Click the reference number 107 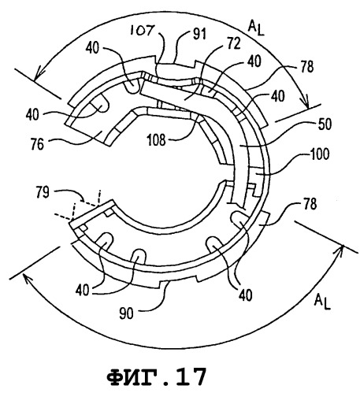pyautogui.click(x=142, y=31)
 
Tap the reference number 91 pyautogui.click(x=200, y=34)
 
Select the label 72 pyautogui.click(x=234, y=43)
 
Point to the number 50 pyautogui.click(x=325, y=124)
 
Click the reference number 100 pyautogui.click(x=319, y=154)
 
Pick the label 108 pyautogui.click(x=157, y=140)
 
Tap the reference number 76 pyautogui.click(x=37, y=144)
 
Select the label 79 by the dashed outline pyautogui.click(x=43, y=192)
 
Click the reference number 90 pyautogui.click(x=127, y=313)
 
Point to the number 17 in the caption pyautogui.click(x=191, y=376)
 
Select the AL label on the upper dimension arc pyautogui.click(x=256, y=28)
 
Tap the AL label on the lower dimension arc pyautogui.click(x=322, y=302)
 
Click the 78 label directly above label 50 pyautogui.click(x=306, y=67)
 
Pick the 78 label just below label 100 pyautogui.click(x=310, y=204)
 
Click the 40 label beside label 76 pyautogui.click(x=33, y=115)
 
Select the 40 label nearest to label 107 pyautogui.click(x=92, y=48)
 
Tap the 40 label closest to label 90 pyautogui.click(x=83, y=290)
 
